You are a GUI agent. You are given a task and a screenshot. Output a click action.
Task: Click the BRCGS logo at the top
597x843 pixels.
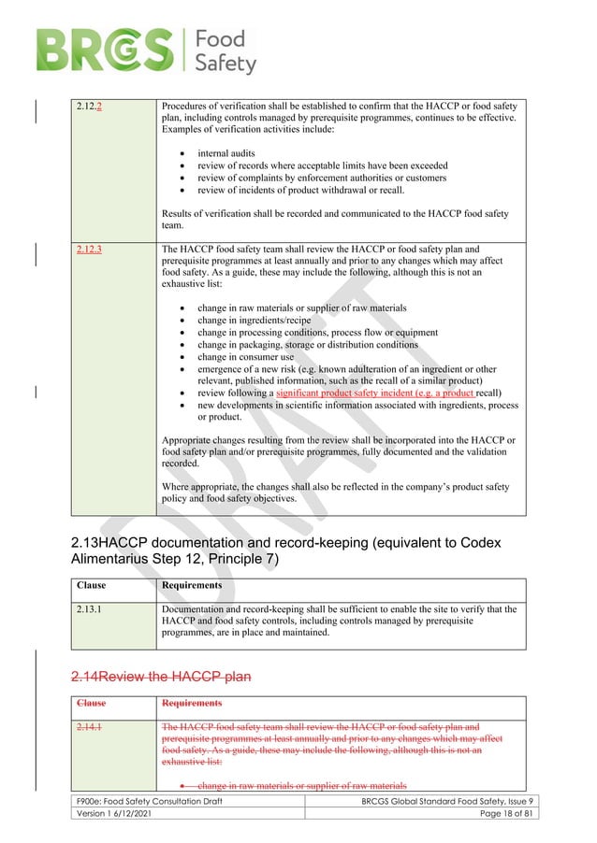click(x=145, y=50)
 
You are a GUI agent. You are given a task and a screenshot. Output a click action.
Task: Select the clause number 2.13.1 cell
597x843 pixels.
click(x=90, y=609)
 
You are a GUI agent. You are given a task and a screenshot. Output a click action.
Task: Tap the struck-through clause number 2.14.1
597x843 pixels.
click(x=90, y=726)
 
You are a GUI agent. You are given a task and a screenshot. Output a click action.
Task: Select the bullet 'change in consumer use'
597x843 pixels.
click(x=245, y=357)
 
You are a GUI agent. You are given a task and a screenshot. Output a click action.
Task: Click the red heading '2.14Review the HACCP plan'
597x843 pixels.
click(x=161, y=676)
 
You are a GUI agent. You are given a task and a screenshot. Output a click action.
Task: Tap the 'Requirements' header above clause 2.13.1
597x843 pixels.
click(x=192, y=585)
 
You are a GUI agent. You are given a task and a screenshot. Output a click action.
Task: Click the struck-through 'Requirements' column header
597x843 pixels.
click(x=192, y=702)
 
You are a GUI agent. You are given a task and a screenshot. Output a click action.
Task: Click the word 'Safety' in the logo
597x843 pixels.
click(x=225, y=63)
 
